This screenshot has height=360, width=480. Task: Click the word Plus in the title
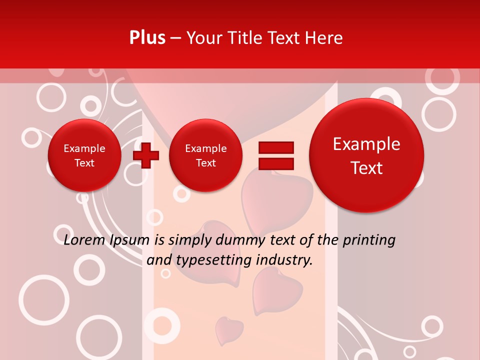pyautogui.click(x=147, y=38)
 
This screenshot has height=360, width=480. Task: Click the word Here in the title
pyautogui.click(x=323, y=38)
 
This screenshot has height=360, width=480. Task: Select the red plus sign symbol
pyautogui.click(x=145, y=155)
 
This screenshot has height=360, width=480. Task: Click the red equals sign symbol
pyautogui.click(x=275, y=155)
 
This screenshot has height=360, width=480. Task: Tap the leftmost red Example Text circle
pyautogui.click(x=84, y=155)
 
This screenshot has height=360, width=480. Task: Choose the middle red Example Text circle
pyautogui.click(x=205, y=155)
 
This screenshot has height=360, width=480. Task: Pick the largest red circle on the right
pyautogui.click(x=366, y=155)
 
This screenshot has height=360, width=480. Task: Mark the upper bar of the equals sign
pyautogui.click(x=275, y=147)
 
